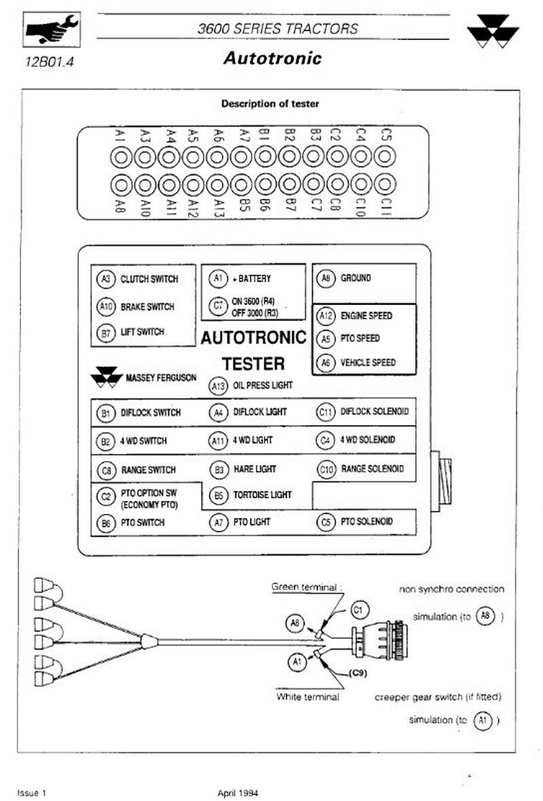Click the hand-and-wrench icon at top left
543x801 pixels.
(51, 30)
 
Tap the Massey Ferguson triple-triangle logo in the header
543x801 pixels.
(493, 31)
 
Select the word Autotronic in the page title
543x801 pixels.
(272, 58)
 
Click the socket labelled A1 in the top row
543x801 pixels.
(121, 157)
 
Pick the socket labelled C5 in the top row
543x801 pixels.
(385, 156)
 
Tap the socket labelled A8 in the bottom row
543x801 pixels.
(121, 185)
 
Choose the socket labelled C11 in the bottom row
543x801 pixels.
(385, 185)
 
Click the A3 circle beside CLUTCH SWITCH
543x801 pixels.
(105, 279)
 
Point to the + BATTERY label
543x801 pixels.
(251, 278)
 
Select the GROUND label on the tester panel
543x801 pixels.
(356, 278)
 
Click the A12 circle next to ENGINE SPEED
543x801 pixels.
(325, 316)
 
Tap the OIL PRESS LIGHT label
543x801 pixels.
(263, 385)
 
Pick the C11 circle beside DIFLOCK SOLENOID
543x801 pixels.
(326, 412)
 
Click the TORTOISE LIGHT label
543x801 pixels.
(262, 495)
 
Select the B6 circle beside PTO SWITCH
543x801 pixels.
(106, 523)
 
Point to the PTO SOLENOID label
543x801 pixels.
(367, 521)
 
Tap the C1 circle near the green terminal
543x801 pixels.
(360, 610)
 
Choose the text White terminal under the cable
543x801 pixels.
(307, 696)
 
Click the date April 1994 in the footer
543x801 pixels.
(238, 793)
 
